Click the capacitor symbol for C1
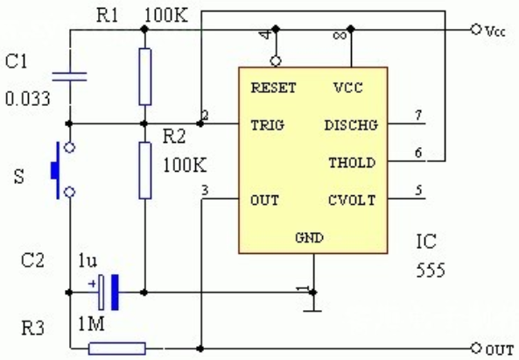coord(69,77)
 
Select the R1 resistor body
coord(145,77)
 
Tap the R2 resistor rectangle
coord(145,171)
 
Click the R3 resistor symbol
coord(117,349)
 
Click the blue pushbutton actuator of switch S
coord(55,170)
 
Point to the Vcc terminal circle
coord(476,30)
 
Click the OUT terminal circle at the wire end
coord(476,349)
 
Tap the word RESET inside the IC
coord(273,88)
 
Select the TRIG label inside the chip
coord(268,125)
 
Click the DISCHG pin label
coord(351,125)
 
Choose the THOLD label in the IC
coord(352,163)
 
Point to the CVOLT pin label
coord(352,201)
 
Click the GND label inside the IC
coord(309,237)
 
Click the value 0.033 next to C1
coord(28,99)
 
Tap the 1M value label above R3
coord(91,324)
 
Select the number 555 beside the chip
coord(431,271)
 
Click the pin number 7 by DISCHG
coord(418,116)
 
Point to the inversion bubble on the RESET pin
coord(276,61)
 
